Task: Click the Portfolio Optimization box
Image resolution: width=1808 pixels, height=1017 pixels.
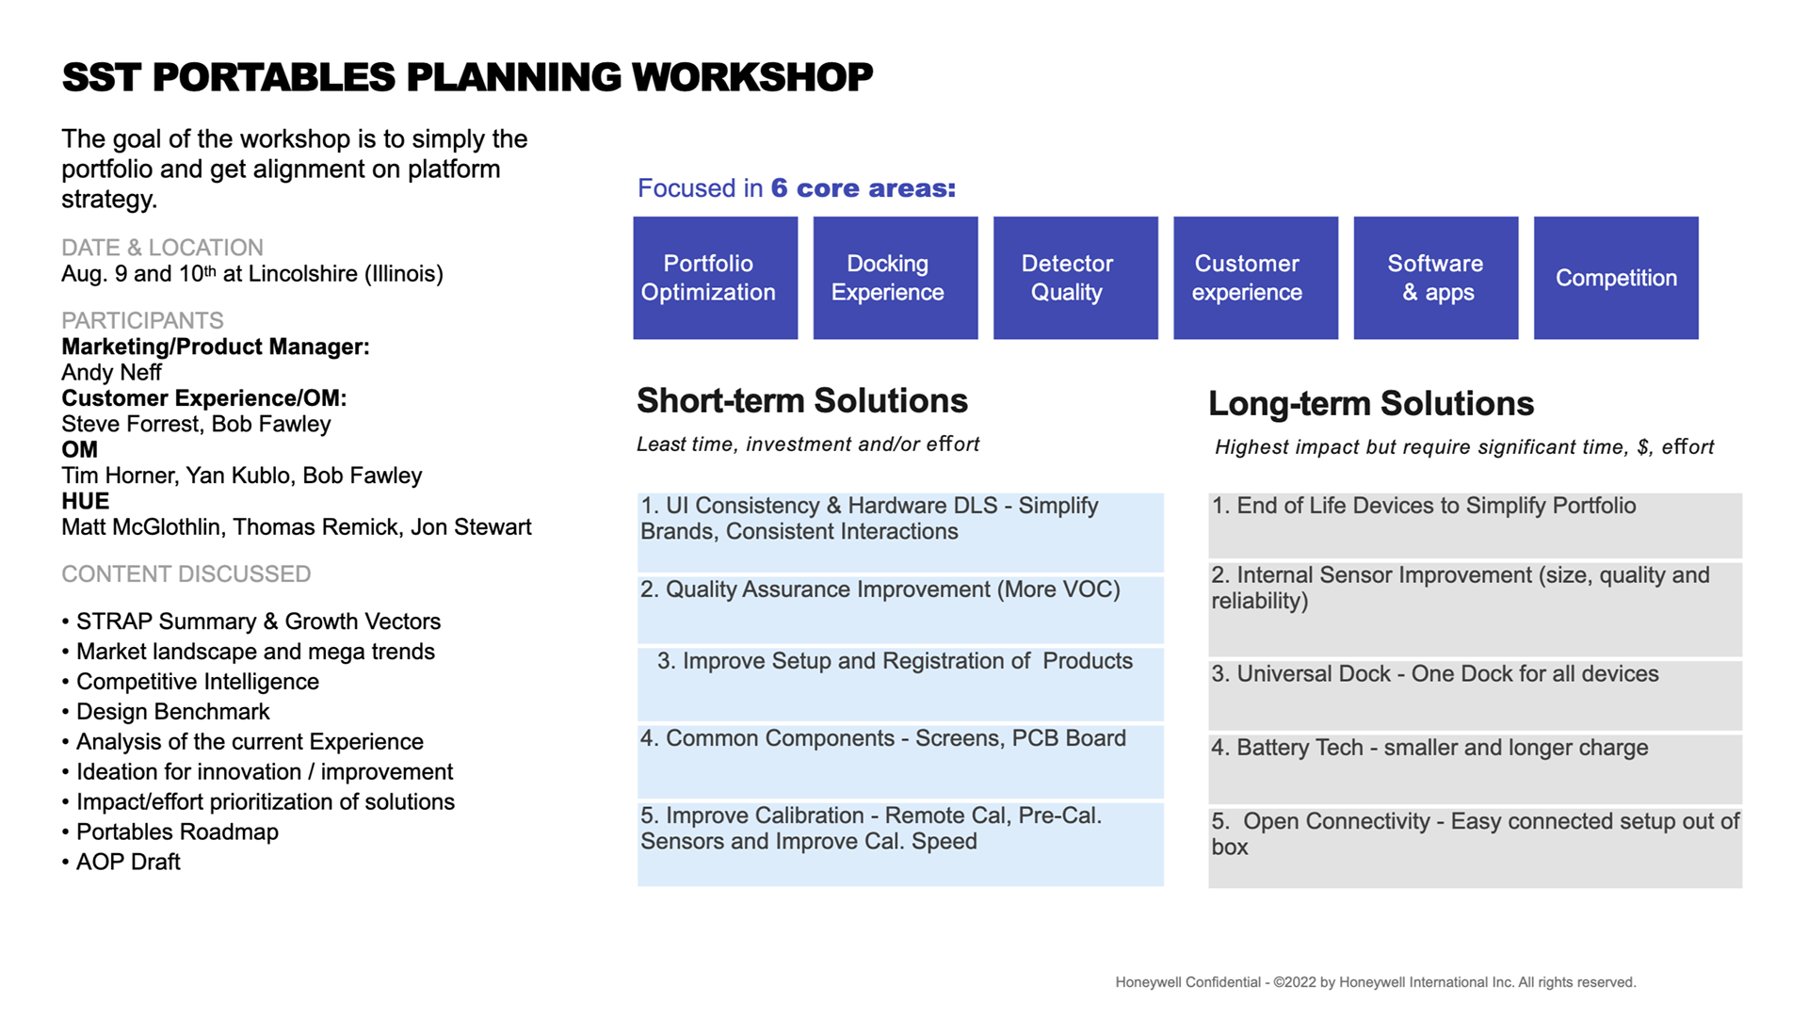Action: point(715,278)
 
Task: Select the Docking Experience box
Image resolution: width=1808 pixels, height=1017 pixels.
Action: point(895,278)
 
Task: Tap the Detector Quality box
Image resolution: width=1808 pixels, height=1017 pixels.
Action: point(1074,278)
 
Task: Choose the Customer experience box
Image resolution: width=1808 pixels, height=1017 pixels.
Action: point(1255,278)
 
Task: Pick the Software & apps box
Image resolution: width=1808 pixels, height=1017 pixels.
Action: point(1435,278)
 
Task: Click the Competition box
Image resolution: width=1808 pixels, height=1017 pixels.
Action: point(1616,278)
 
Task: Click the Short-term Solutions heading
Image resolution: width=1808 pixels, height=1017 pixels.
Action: point(801,401)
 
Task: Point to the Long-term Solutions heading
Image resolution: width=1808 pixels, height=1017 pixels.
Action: point(1370,404)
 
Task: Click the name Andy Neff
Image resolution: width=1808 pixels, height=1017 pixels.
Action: point(111,373)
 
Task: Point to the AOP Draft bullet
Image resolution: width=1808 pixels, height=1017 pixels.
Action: point(128,863)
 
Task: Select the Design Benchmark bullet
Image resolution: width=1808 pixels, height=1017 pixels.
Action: point(172,712)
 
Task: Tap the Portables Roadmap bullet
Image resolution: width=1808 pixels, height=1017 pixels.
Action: point(177,832)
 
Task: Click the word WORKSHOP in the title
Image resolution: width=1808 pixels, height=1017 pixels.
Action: point(752,77)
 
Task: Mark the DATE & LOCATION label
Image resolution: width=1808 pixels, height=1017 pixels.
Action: point(162,248)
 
